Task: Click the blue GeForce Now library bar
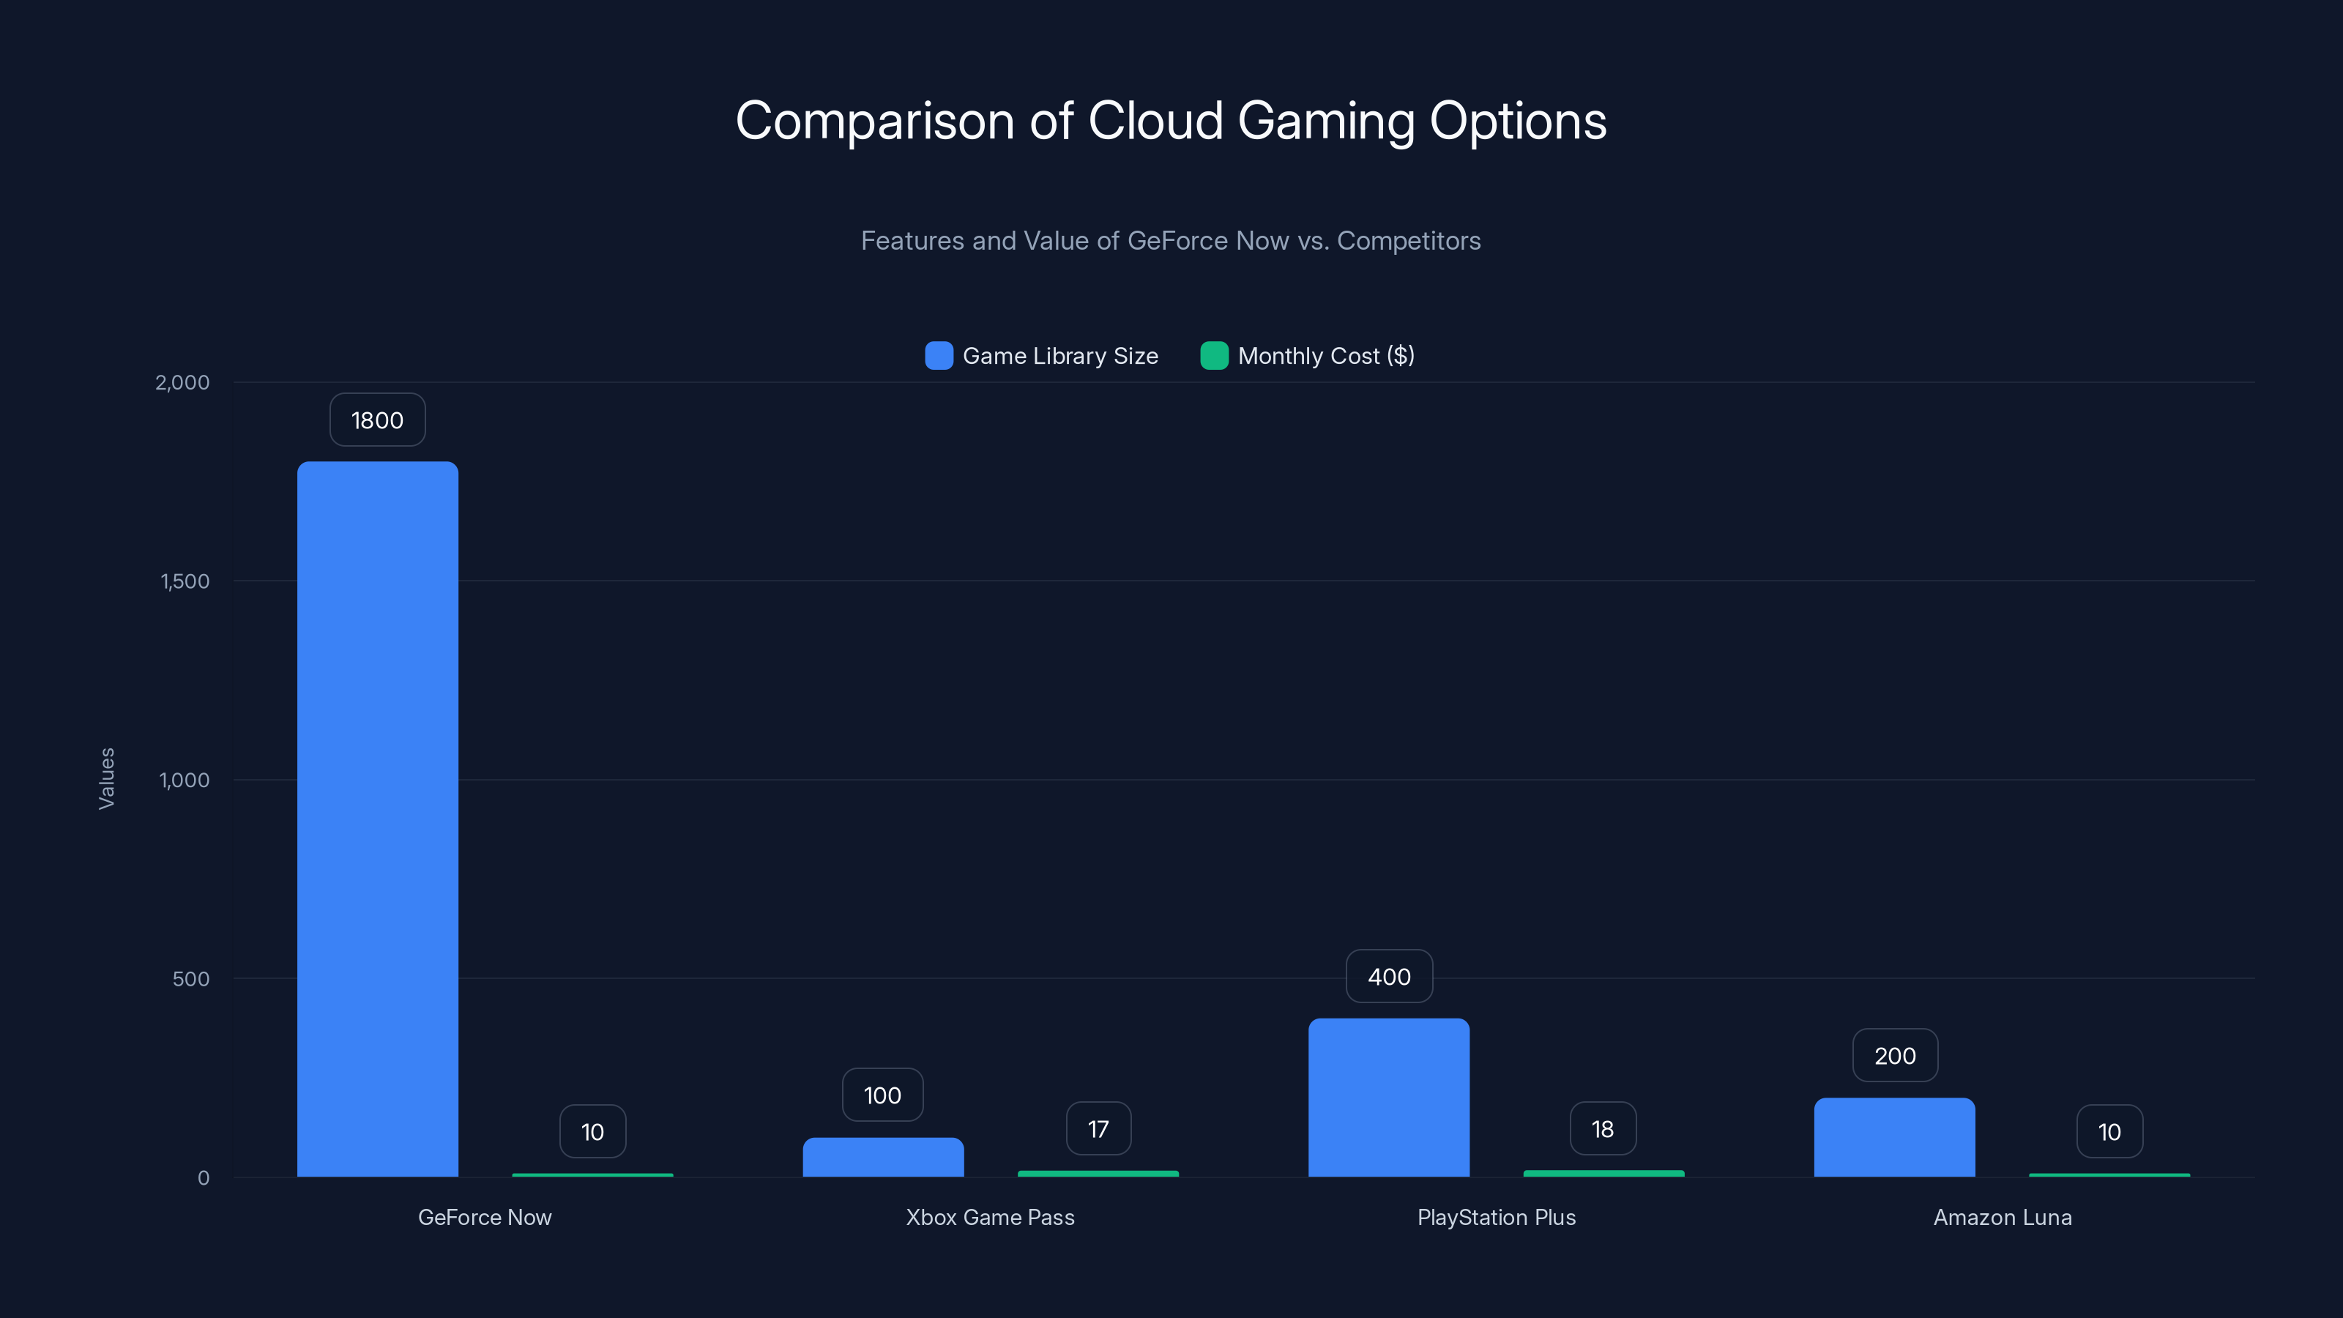[x=378, y=819]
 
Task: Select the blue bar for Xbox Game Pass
[x=882, y=1157]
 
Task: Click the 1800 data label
[x=378, y=420]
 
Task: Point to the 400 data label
[x=1389, y=977]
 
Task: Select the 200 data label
[x=1895, y=1056]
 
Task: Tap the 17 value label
[x=1098, y=1129]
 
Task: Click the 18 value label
[x=1603, y=1129]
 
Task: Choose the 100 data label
[x=882, y=1095]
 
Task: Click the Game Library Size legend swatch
[x=939, y=356]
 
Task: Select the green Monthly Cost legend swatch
[x=1214, y=356]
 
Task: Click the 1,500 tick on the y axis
[x=185, y=581]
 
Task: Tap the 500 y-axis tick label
[x=191, y=979]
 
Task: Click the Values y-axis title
[x=106, y=778]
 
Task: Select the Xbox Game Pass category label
[x=991, y=1217]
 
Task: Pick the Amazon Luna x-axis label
[x=2002, y=1217]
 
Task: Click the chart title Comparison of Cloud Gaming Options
[x=1171, y=121]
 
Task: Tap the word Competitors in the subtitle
[x=1408, y=241]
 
